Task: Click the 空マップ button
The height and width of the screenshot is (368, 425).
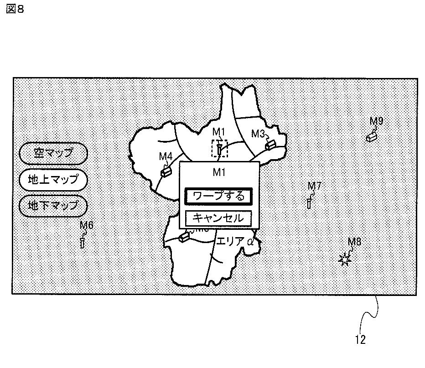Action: [53, 153]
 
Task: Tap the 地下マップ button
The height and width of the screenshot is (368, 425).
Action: [53, 206]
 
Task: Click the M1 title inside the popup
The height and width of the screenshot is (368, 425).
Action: [219, 172]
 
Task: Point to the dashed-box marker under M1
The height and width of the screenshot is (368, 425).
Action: [219, 149]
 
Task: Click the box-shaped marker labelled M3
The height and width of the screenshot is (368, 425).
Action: [271, 144]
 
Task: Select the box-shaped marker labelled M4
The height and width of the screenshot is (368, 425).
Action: [166, 171]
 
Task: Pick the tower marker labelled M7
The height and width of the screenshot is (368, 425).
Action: [309, 202]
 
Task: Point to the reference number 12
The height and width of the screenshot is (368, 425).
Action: [360, 340]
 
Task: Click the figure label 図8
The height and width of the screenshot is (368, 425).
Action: [15, 10]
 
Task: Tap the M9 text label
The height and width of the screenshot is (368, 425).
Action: [376, 121]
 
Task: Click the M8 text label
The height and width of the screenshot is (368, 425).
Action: [354, 242]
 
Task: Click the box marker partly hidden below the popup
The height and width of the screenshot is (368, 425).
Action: [184, 237]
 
